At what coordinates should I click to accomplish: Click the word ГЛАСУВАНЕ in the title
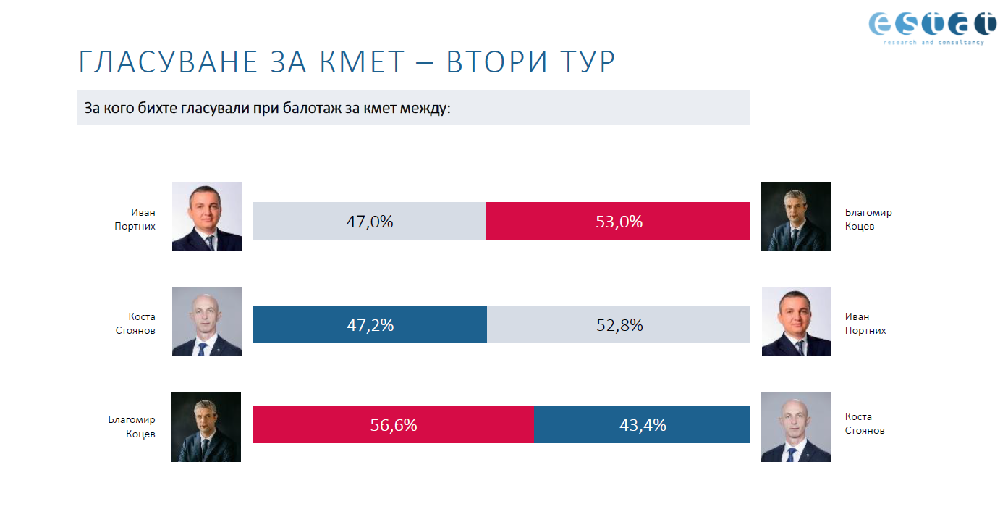[168, 63]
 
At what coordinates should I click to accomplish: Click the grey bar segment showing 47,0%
[369, 222]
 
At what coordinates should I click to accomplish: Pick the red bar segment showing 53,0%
[618, 222]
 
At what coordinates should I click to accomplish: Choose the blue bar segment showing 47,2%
[370, 325]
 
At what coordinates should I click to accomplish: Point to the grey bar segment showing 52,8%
[619, 325]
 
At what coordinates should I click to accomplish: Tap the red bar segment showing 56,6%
[393, 425]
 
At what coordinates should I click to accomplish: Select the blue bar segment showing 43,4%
[642, 425]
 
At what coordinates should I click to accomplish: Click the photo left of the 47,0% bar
[207, 217]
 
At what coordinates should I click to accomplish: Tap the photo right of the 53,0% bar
[796, 217]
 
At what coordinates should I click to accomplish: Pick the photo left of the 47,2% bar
[207, 322]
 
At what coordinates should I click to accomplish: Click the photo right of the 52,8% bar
[797, 322]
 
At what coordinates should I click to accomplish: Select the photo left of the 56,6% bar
[206, 427]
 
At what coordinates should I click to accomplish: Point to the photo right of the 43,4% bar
[796, 427]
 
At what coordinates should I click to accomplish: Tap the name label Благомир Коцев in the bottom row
[132, 427]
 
